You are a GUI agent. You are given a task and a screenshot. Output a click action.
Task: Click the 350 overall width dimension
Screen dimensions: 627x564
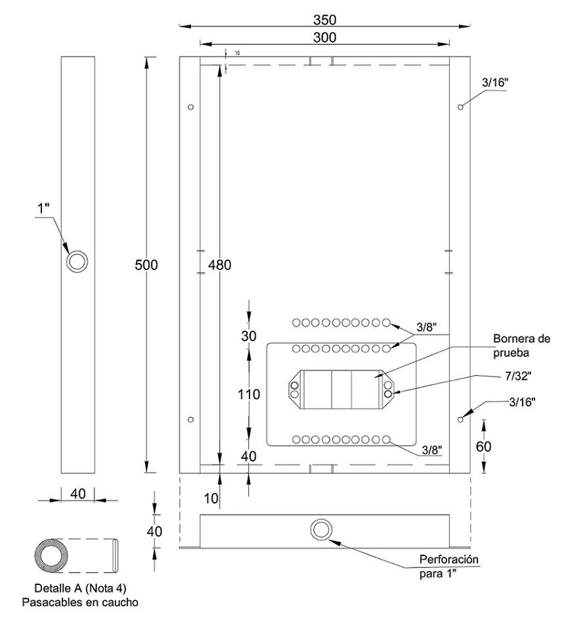[324, 20]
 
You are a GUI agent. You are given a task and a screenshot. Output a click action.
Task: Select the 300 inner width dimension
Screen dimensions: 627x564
[324, 37]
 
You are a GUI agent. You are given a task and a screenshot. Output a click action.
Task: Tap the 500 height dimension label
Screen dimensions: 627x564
[146, 264]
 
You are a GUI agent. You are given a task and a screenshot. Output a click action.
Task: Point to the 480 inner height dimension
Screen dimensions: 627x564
[219, 264]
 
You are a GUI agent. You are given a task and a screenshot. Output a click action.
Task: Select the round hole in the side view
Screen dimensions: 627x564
[77, 261]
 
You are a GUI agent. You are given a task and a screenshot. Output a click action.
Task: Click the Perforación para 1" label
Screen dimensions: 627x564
[449, 565]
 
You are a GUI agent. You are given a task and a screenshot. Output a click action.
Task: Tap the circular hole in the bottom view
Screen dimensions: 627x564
[322, 530]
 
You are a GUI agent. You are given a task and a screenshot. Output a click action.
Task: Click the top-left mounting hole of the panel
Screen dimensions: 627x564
[190, 106]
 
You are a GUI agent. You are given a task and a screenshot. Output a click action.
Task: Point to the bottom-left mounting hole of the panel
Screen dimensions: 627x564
[190, 419]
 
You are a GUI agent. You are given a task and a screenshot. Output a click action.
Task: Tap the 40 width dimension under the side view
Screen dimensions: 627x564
[77, 494]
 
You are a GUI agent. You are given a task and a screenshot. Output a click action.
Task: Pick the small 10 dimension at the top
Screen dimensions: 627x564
[236, 51]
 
